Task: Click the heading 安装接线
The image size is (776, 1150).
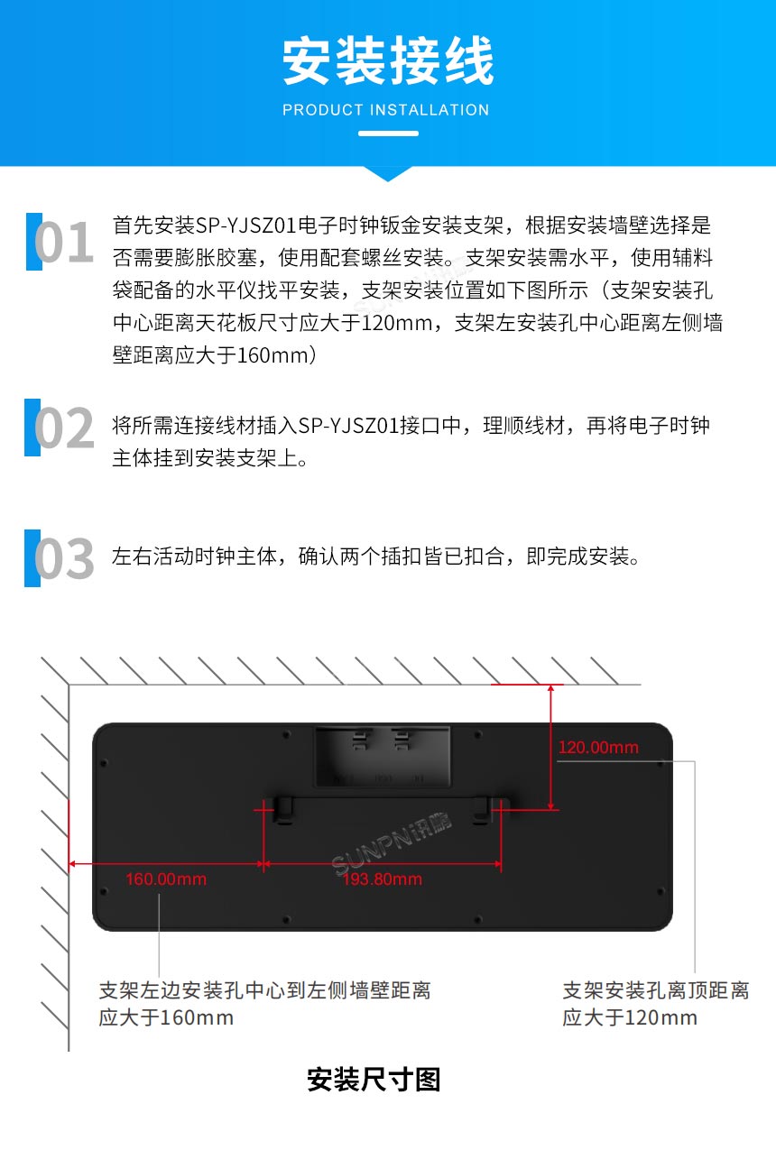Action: pyautogui.click(x=388, y=62)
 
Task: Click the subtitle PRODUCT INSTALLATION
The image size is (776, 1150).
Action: pyautogui.click(x=386, y=110)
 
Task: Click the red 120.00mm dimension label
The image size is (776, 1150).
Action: pyautogui.click(x=598, y=747)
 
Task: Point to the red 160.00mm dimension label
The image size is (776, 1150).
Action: pyautogui.click(x=166, y=879)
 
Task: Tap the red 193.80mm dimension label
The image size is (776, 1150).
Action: pyautogui.click(x=382, y=879)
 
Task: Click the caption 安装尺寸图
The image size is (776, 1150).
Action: pyautogui.click(x=374, y=1079)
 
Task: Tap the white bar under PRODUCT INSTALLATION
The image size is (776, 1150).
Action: pyautogui.click(x=388, y=133)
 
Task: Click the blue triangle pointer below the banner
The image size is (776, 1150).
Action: pyautogui.click(x=388, y=173)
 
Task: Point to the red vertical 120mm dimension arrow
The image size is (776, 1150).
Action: pyautogui.click(x=550, y=747)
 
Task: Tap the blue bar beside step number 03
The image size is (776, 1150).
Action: pyautogui.click(x=32, y=558)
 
